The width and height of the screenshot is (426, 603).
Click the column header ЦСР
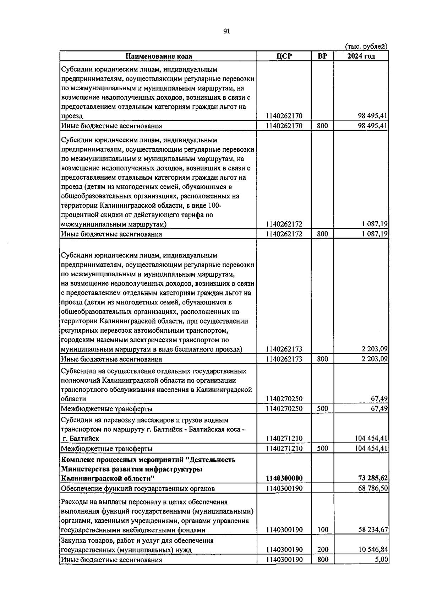click(x=284, y=56)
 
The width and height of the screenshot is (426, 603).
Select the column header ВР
click(x=322, y=56)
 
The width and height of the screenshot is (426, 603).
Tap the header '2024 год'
click(x=361, y=56)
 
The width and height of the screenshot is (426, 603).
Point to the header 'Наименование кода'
click(x=158, y=56)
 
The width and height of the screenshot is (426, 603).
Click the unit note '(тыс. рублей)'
click(x=366, y=47)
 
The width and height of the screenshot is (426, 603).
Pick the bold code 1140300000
click(x=284, y=478)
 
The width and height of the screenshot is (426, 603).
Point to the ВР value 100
click(x=322, y=530)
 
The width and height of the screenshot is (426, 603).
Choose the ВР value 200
click(x=322, y=550)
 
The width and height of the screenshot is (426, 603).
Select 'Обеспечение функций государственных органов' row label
click(x=138, y=489)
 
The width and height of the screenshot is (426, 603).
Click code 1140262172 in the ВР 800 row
click(x=284, y=234)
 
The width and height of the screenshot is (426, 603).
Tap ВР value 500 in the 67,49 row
click(x=322, y=409)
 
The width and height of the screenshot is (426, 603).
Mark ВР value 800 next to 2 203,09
click(x=322, y=359)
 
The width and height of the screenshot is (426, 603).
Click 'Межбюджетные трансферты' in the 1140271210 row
click(x=107, y=449)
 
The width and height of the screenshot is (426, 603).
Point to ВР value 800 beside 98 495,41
click(x=322, y=126)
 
